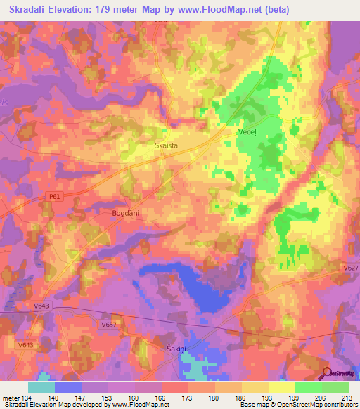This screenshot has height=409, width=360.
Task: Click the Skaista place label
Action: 166,145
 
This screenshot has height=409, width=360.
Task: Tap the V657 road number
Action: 108,324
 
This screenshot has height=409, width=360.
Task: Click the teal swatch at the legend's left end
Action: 41,387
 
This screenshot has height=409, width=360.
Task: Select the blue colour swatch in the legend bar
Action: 68,387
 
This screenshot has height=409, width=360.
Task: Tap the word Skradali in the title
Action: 31,10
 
